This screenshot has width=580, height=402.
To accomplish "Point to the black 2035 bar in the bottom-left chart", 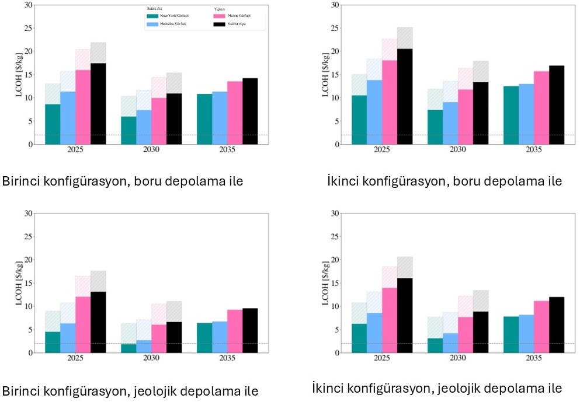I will tap(250, 330).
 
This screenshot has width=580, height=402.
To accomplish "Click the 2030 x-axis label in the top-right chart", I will tap(458, 149).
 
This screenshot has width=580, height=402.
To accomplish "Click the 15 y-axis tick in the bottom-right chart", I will tap(335, 283).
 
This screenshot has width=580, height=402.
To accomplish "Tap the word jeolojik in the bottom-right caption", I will tap(449, 388).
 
